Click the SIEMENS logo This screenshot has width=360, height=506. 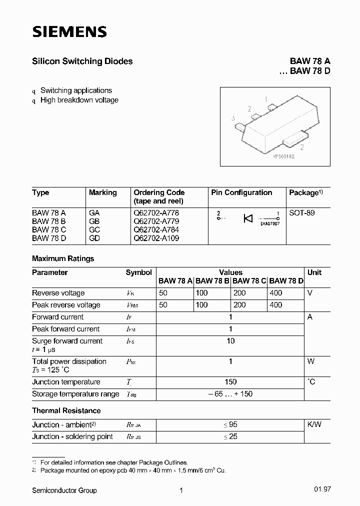tap(69, 32)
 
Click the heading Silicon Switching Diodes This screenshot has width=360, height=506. tap(82, 61)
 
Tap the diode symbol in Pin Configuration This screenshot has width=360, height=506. tap(248, 218)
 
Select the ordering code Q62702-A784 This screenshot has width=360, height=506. tap(156, 229)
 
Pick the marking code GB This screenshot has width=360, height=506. tap(94, 221)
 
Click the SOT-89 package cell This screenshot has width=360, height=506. tap(302, 212)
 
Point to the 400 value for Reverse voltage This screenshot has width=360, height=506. tap(275, 293)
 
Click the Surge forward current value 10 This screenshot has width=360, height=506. tap(230, 341)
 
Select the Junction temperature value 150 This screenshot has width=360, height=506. tap(230, 382)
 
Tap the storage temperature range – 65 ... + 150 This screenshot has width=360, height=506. tap(230, 394)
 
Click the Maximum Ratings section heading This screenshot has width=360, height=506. tap(63, 258)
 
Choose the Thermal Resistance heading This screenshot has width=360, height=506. tap(66, 410)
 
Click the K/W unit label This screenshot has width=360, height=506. tap(314, 424)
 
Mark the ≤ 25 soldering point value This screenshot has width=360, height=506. tap(230, 436)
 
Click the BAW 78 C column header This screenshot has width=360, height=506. tap(249, 281)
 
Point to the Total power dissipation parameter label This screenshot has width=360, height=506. tap(69, 361)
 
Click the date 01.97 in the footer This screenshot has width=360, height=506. tap(322, 490)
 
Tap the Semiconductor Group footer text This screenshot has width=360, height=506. tap(64, 490)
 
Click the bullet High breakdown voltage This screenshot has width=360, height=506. tap(79, 100)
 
